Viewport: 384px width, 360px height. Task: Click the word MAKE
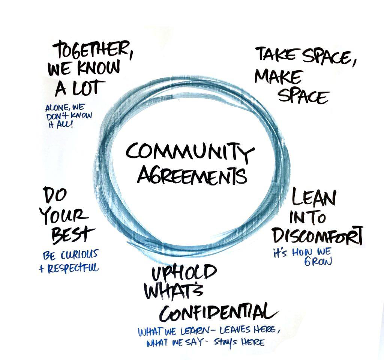pos(277,77)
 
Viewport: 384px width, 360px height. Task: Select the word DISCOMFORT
pos(317,236)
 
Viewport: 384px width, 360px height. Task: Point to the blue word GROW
pos(318,261)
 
